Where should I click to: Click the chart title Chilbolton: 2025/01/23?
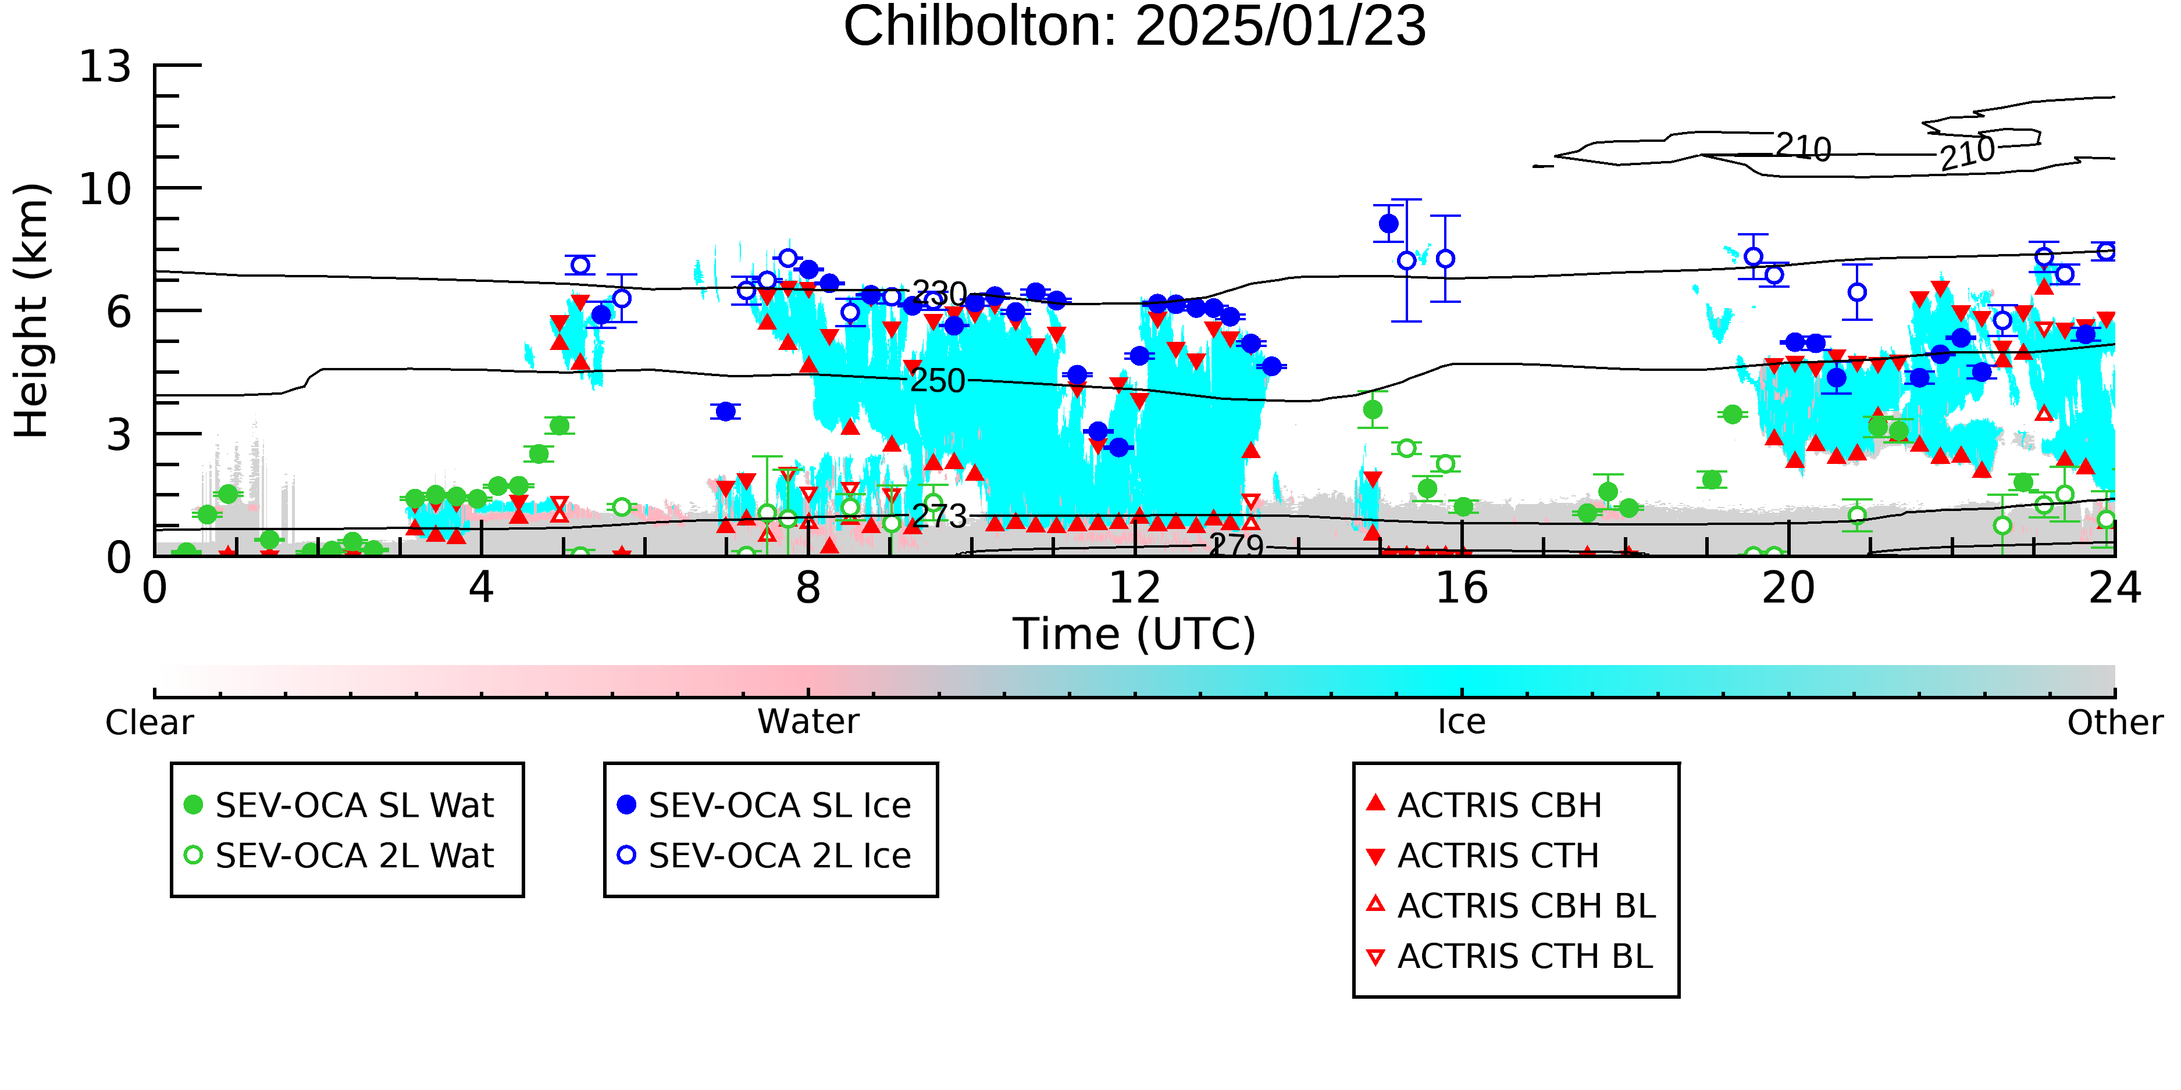[1135, 27]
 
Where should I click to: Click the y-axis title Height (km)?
[31, 310]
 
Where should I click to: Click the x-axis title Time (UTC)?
[1135, 634]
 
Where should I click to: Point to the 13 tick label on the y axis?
[106, 66]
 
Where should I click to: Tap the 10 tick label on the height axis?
[106, 189]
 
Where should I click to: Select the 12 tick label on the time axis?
[1135, 587]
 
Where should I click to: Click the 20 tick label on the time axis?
[1788, 587]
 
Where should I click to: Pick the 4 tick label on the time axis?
[481, 587]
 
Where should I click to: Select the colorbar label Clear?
[149, 723]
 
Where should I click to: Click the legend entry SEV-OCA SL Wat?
[338, 805]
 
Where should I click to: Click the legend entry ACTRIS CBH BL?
[1512, 906]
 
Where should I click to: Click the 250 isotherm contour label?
[938, 381]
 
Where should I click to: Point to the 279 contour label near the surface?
[1237, 544]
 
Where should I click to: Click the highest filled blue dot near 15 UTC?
[1388, 223]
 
